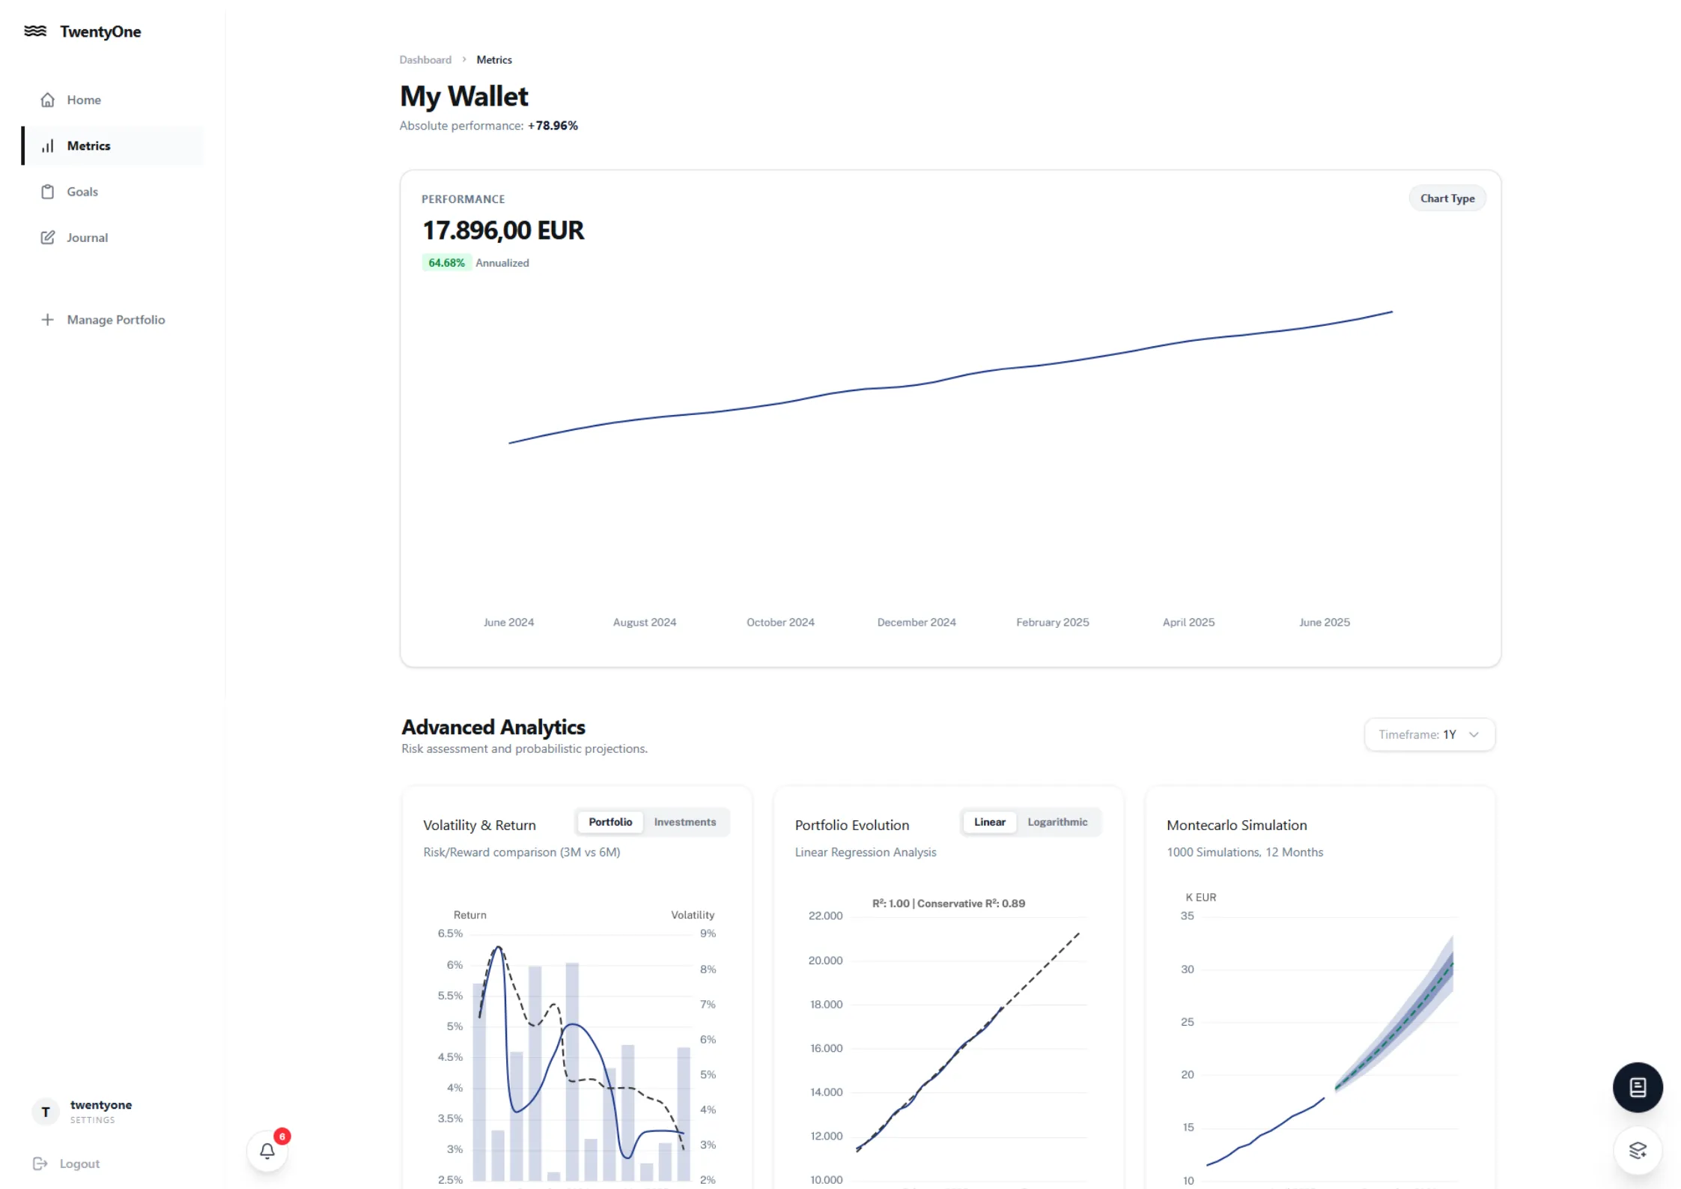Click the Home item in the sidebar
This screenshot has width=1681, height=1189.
coord(83,100)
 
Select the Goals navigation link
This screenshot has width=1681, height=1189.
coord(82,192)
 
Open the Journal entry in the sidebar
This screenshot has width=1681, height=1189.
coord(87,238)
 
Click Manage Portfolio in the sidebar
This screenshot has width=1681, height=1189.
coord(115,320)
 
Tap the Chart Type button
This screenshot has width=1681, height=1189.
coord(1447,199)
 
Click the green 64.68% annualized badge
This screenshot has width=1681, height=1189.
coord(446,263)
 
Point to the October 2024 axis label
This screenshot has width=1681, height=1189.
coord(780,623)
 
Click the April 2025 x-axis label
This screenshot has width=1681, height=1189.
coord(1188,623)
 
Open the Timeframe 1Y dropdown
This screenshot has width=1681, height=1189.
coord(1429,735)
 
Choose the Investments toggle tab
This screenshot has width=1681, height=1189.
coord(684,823)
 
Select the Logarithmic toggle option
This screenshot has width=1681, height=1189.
coord(1057,823)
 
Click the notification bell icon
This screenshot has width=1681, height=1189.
coord(267,1151)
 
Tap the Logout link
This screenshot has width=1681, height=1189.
coord(79,1164)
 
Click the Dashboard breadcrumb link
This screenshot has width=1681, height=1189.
coord(425,60)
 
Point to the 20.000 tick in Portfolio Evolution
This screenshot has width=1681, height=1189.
coord(825,960)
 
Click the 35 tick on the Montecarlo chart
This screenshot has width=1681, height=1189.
coord(1187,916)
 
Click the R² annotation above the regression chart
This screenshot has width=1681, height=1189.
coord(948,904)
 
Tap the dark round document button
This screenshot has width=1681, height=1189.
coord(1637,1087)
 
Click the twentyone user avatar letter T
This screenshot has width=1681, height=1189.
coord(46,1112)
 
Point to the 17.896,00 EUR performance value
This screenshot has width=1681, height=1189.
coord(503,231)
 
